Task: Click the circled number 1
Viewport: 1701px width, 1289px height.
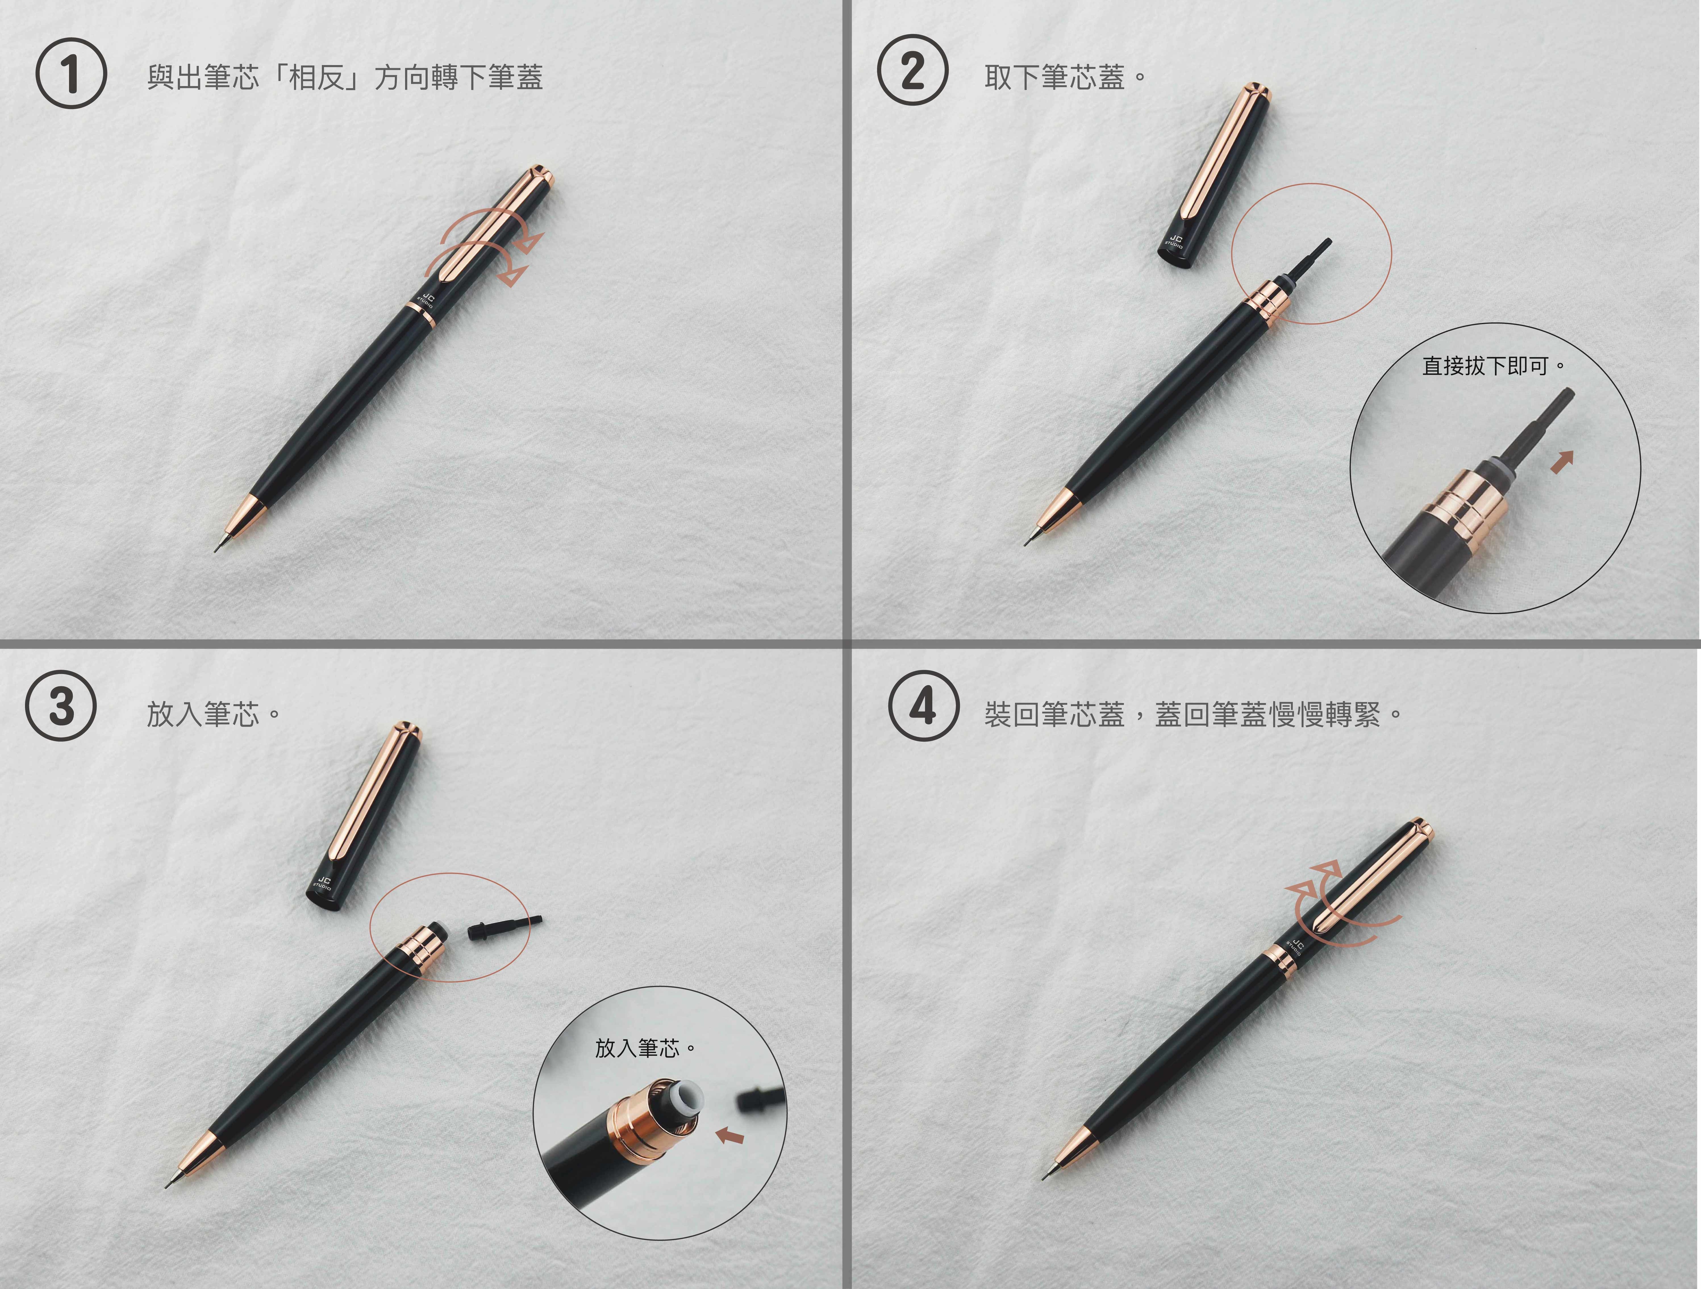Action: (71, 74)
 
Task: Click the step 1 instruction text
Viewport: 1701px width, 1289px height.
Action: (345, 77)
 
